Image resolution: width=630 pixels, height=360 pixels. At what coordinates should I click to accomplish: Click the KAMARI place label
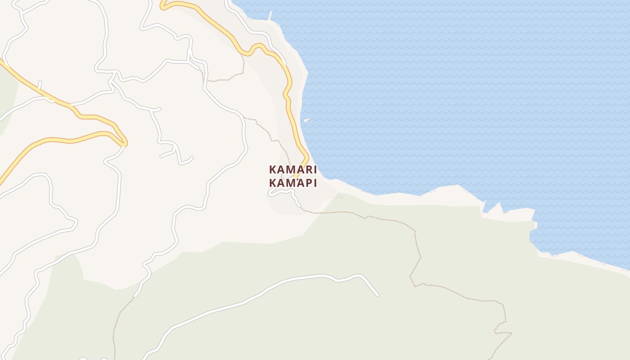[293, 170]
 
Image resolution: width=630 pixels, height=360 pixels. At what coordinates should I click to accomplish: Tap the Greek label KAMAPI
[293, 183]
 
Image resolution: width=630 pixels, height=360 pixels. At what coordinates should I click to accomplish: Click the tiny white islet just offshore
[306, 120]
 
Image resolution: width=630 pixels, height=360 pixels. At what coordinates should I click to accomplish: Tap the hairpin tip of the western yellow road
[126, 143]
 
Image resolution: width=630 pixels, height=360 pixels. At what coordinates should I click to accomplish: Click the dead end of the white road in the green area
[377, 295]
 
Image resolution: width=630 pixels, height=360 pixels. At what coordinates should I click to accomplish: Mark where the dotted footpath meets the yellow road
[243, 56]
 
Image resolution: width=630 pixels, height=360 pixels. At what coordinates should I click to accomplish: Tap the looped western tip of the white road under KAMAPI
[270, 193]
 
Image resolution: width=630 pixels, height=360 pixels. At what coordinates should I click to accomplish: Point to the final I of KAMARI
[315, 170]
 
